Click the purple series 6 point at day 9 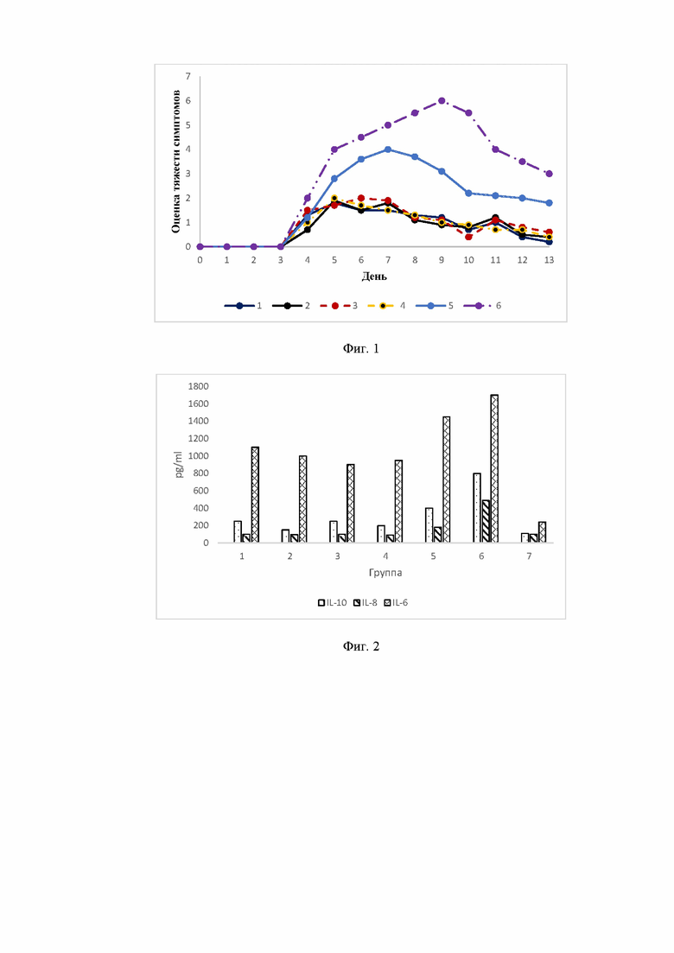point(442,101)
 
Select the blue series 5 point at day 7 point(388,149)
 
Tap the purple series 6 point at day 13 point(549,174)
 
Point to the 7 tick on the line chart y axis point(188,77)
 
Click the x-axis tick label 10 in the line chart point(468,260)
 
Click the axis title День point(374,276)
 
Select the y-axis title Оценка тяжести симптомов point(176,162)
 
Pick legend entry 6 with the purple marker point(482,306)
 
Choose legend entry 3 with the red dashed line point(339,306)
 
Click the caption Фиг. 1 point(361,349)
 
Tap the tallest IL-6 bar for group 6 point(494,468)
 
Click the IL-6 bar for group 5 point(446,480)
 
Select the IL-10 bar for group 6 point(477,508)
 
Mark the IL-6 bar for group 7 point(542,532)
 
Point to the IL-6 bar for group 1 point(255,495)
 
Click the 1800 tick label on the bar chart point(198,386)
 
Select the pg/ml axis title point(179,464)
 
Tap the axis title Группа point(385,573)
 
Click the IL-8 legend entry point(366,603)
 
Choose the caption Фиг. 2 point(361,646)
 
